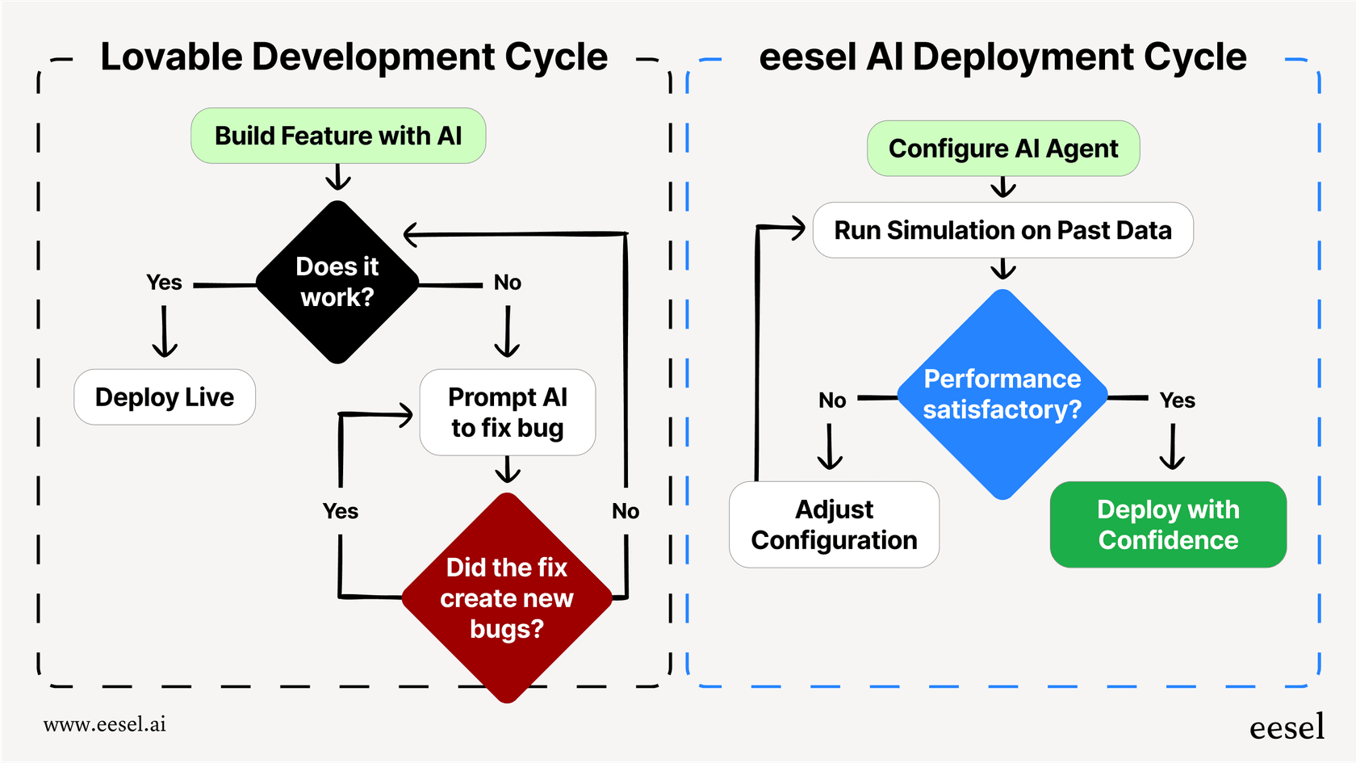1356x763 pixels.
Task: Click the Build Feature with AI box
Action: pos(338,136)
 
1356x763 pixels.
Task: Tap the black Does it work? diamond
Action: pos(337,283)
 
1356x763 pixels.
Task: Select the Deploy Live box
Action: pos(165,397)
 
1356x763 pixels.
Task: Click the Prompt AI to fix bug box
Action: pos(508,413)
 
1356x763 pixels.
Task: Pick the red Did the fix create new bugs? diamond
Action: pos(507,598)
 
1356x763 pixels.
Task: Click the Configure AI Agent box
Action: pos(1003,149)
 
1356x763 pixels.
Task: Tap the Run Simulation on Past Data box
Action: pos(1002,230)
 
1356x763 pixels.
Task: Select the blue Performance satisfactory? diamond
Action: pos(1002,394)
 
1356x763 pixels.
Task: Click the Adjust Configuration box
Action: pos(834,525)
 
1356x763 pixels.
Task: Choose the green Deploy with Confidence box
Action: pos(1168,525)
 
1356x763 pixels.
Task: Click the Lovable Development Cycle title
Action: pos(354,57)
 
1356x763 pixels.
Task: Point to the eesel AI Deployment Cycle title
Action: pos(1002,57)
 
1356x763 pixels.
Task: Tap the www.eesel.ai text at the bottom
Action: pos(105,724)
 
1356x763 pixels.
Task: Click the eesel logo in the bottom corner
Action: pos(1287,727)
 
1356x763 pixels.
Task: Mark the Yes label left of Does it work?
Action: pos(164,283)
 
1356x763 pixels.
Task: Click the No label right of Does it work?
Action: pos(508,283)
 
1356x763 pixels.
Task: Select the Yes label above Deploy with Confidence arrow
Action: pos(1177,400)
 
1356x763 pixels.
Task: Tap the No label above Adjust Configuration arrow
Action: pos(832,400)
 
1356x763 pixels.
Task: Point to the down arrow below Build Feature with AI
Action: pos(338,178)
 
